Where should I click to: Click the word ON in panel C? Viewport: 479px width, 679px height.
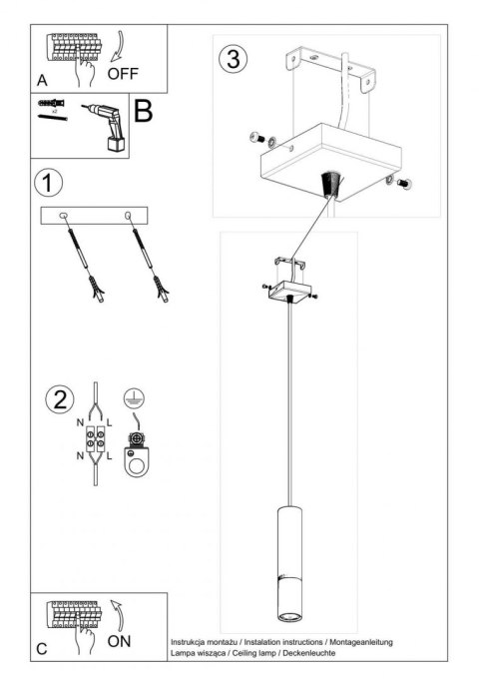pos(120,640)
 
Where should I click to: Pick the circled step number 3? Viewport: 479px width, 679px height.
pos(232,58)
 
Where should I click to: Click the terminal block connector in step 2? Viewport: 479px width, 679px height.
pos(97,440)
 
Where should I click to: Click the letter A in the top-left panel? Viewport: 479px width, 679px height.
pos(41,79)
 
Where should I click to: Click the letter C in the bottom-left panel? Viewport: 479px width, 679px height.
pos(41,648)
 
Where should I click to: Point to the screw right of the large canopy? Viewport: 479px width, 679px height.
pos(405,183)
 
